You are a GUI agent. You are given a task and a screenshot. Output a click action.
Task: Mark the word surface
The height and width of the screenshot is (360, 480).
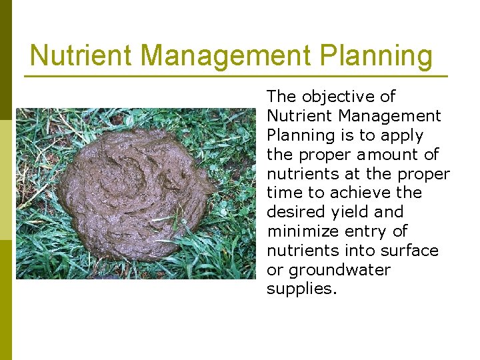[411, 251]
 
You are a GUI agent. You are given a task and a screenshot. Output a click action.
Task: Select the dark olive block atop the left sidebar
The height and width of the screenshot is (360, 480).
[6, 60]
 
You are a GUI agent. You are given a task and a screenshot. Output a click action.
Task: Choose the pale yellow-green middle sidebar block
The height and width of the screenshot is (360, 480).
[6, 180]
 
